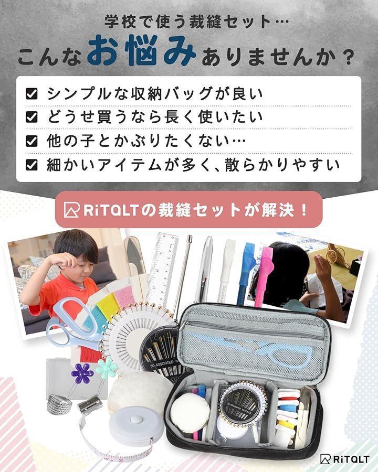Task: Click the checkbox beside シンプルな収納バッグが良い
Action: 31,94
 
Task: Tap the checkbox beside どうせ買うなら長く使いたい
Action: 31,117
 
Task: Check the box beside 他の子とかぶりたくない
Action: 31,141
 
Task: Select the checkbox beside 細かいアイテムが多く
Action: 31,165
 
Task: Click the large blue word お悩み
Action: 142,50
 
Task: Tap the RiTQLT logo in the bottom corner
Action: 344,459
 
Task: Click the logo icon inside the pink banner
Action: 72,210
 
